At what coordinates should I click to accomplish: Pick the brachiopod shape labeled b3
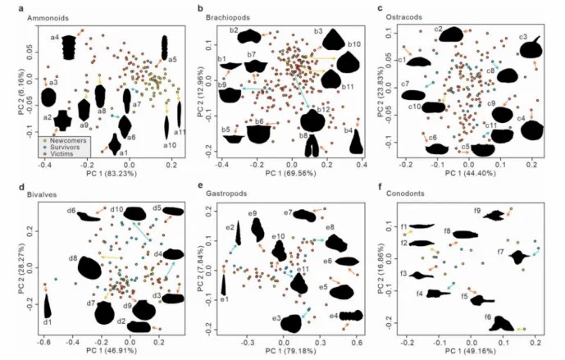tap(333, 39)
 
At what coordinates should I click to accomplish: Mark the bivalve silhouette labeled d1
tap(47, 307)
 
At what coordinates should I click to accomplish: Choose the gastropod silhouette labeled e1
tap(224, 285)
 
